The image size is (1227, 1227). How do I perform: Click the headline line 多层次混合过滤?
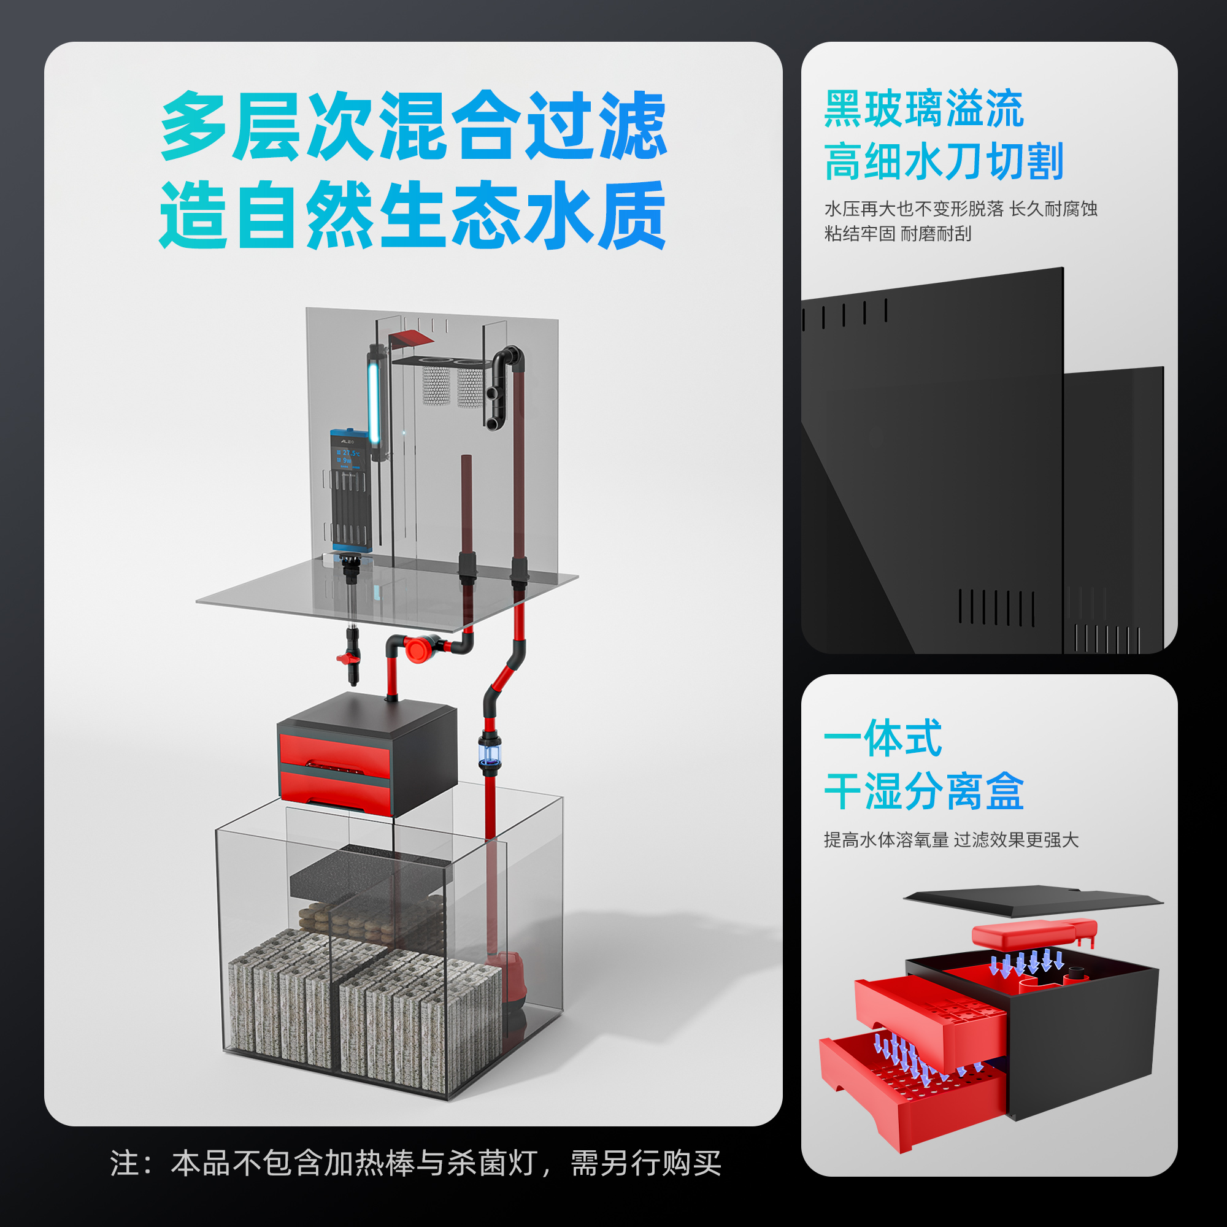point(413,126)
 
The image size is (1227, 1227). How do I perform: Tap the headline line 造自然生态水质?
point(413,215)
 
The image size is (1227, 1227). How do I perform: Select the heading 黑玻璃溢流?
point(923,109)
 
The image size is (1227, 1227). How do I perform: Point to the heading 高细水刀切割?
point(943,161)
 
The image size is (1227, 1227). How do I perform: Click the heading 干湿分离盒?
point(923,791)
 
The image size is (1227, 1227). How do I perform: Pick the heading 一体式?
point(882,738)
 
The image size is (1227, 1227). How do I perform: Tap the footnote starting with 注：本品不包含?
point(416,1163)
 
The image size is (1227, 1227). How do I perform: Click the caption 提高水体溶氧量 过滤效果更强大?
point(951,840)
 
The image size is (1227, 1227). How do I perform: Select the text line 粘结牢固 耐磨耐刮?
point(898,234)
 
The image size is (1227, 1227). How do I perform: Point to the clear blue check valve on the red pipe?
point(490,755)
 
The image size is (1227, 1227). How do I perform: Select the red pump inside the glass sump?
point(508,981)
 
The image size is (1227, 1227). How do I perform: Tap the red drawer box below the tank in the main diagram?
point(336,769)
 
